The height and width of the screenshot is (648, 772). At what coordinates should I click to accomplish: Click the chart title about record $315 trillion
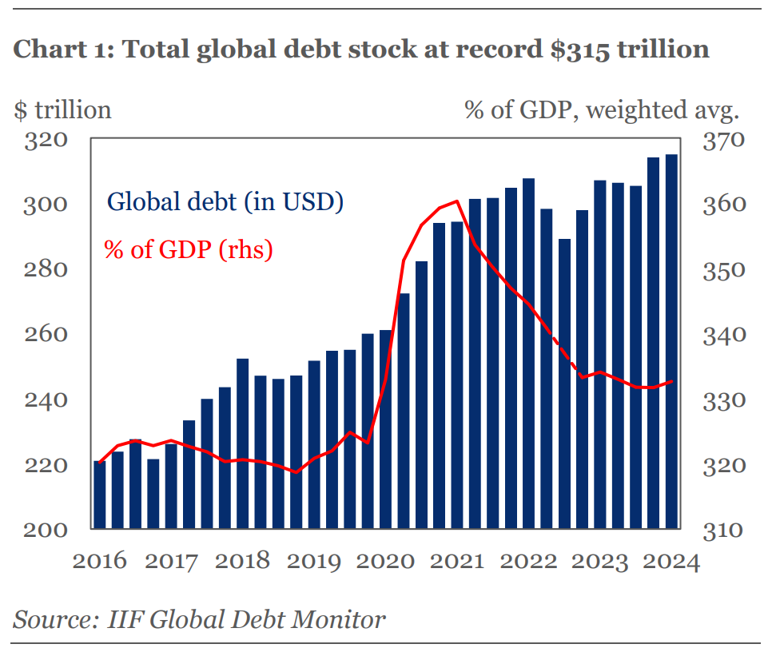[x=361, y=50]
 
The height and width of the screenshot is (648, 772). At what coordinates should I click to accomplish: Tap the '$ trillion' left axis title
[x=62, y=109]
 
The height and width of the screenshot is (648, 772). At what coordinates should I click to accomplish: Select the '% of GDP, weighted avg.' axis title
[x=603, y=109]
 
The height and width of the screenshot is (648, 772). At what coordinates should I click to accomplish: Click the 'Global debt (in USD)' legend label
[x=225, y=201]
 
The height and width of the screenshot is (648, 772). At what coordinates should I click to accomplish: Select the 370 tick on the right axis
[x=722, y=141]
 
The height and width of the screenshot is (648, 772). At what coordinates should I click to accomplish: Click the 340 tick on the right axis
[x=722, y=335]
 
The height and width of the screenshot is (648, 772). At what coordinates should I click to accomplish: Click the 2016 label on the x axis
[x=99, y=562]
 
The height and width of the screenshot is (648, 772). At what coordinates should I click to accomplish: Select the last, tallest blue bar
[x=671, y=344]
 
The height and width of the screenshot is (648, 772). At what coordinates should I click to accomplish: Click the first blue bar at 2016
[x=100, y=495]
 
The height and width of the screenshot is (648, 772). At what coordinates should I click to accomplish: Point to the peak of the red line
[x=456, y=201]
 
